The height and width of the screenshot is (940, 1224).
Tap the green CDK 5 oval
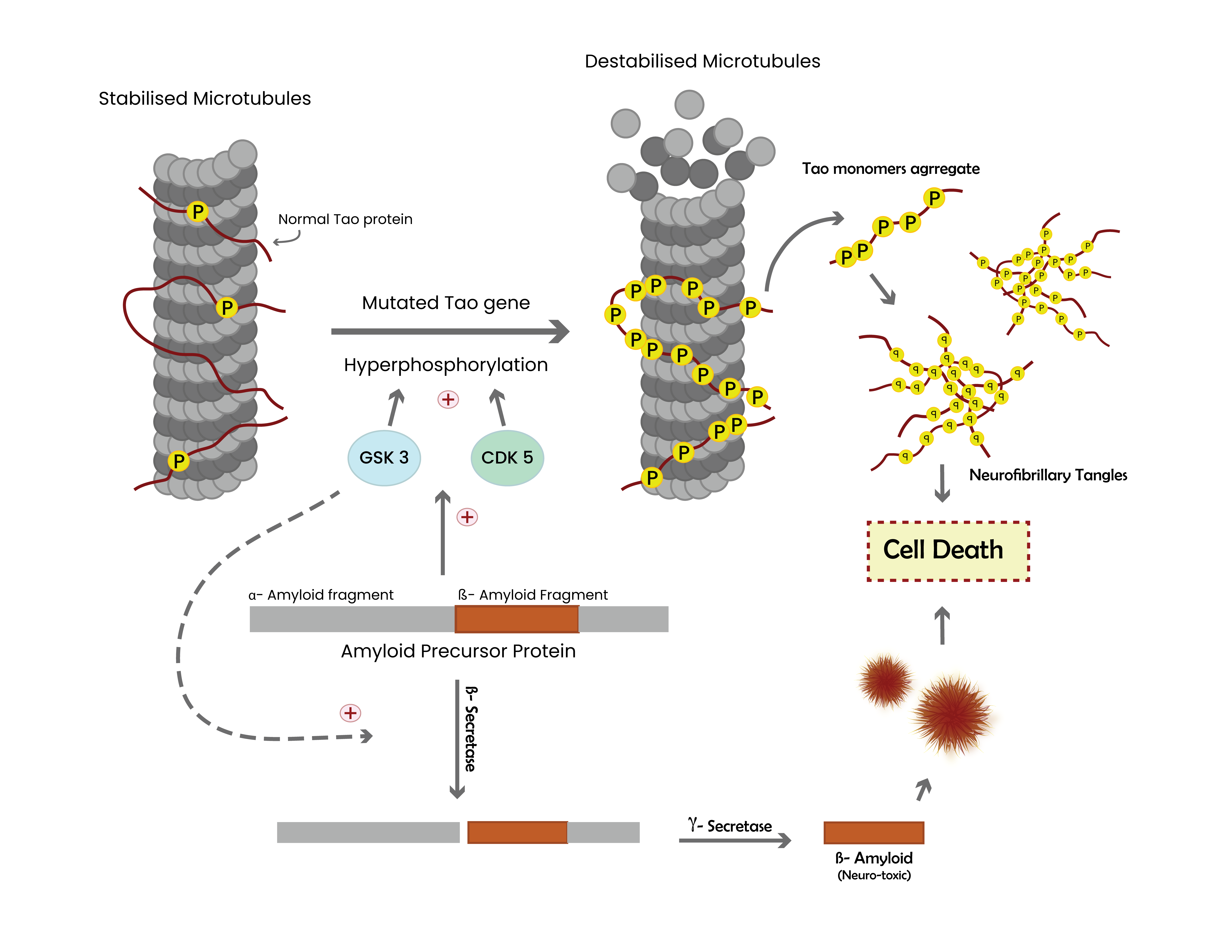[x=507, y=458]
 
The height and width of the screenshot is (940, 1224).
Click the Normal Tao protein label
[x=345, y=219]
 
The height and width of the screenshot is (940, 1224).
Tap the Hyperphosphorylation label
[x=446, y=365]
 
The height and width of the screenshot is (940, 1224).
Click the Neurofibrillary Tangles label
[x=1048, y=475]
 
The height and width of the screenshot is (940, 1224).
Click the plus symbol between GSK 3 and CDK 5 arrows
[x=448, y=400]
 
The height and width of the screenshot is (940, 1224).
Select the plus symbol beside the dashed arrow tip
[x=350, y=713]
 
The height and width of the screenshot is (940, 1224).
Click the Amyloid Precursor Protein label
[x=458, y=651]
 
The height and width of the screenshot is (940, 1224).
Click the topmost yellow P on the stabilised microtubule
[x=197, y=212]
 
